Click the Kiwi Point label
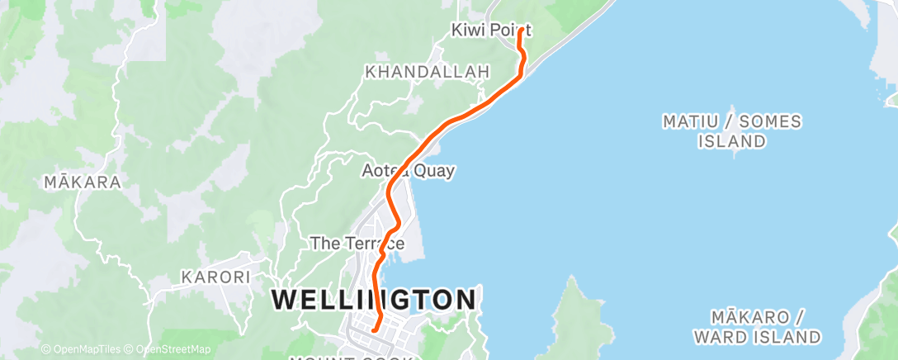tap(490, 31)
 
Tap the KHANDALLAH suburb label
tap(427, 73)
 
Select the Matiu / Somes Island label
tap(731, 131)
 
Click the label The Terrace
tap(357, 244)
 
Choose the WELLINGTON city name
tap(374, 299)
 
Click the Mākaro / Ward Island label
tap(757, 327)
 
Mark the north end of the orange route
tap(520, 32)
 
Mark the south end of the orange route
tap(373, 330)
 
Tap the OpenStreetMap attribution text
tap(168, 349)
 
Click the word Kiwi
tap(468, 31)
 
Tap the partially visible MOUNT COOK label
tap(355, 357)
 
